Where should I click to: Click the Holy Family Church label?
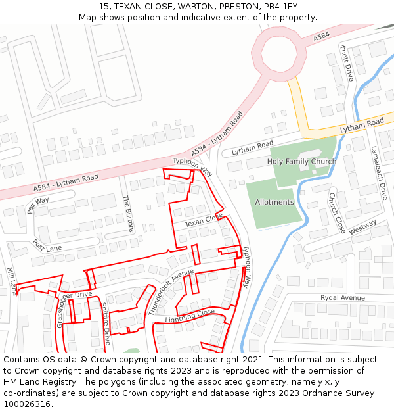301,162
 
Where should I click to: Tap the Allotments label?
274,202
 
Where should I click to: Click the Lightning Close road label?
190,316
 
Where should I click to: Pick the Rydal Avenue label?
342,298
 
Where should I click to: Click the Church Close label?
337,212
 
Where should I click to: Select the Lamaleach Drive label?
379,173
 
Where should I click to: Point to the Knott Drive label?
346,63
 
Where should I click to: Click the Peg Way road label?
38,205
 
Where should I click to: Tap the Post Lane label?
47,247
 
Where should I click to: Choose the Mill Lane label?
12,281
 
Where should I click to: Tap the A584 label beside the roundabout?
321,37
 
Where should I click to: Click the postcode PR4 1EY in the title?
280,6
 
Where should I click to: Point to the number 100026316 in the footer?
28,404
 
